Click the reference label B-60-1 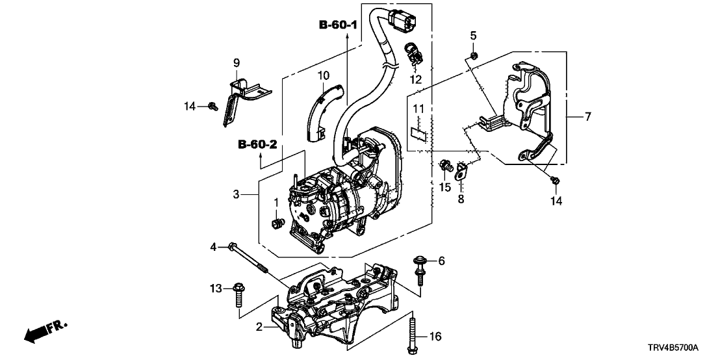point(338,25)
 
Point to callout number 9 point(237,62)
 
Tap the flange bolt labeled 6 point(419,269)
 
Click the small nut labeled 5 point(474,57)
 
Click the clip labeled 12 point(413,55)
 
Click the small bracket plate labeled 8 point(460,172)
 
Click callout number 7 point(587,117)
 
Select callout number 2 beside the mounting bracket point(258,328)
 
